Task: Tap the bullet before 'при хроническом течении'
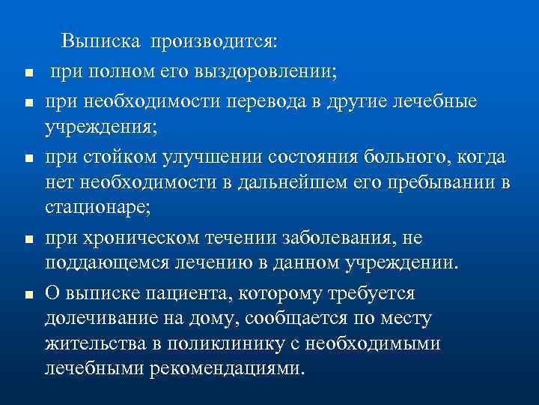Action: coord(26,239)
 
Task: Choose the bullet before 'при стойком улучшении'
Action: coord(26,158)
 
